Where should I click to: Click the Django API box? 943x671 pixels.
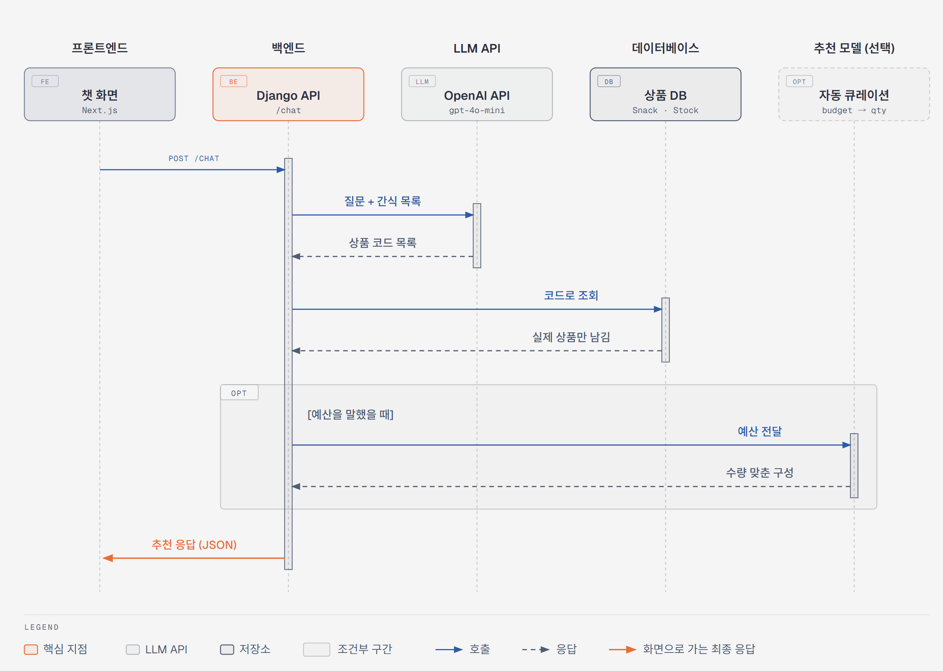click(x=288, y=94)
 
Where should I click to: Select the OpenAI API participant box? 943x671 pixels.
click(x=477, y=94)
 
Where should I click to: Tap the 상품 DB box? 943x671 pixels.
click(x=665, y=94)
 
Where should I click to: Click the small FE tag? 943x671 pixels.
click(x=45, y=81)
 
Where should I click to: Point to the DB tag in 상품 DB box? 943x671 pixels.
click(x=609, y=81)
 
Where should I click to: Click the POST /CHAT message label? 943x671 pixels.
click(x=194, y=159)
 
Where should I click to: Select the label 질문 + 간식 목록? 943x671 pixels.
click(x=383, y=201)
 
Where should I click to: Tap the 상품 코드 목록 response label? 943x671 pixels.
click(x=383, y=242)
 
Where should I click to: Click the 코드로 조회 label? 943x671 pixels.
click(x=571, y=295)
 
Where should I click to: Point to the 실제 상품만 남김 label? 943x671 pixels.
click(x=571, y=337)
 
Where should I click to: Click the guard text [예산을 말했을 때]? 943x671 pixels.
click(x=350, y=414)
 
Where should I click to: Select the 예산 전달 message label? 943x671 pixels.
click(x=760, y=431)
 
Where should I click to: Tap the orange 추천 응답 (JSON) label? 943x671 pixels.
click(x=194, y=544)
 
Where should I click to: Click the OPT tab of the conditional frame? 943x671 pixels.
click(x=239, y=392)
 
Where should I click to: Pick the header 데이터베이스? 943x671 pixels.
click(x=665, y=48)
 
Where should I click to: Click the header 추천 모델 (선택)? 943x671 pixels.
click(x=854, y=48)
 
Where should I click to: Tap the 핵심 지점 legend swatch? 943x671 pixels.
click(x=31, y=649)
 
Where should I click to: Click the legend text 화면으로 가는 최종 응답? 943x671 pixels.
click(x=699, y=649)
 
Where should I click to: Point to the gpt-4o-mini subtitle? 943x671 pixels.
click(x=477, y=110)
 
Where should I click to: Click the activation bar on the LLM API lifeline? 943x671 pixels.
click(x=477, y=235)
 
